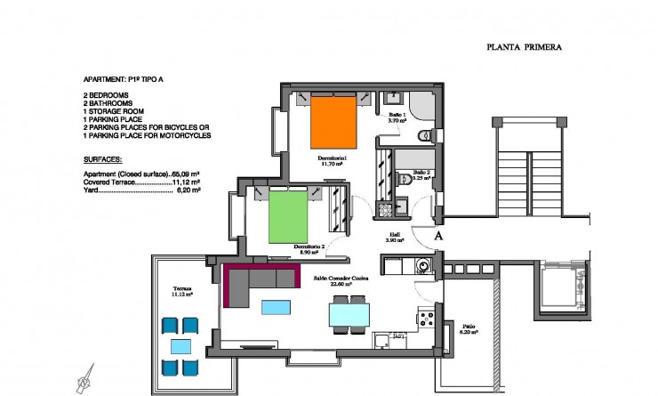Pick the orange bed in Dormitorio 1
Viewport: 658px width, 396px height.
coord(335,122)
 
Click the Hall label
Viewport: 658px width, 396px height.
coord(395,236)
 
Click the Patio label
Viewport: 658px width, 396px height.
coord(468,326)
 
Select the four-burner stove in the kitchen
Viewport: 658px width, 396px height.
coord(426,319)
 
